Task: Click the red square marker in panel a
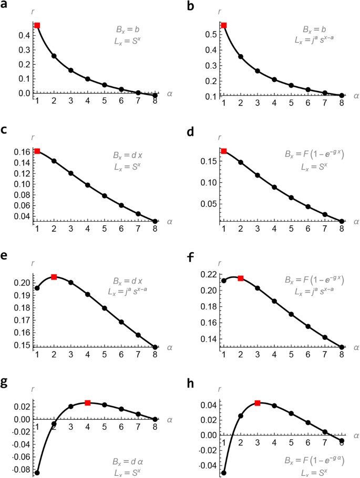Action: (x=37, y=25)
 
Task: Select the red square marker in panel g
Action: (x=88, y=403)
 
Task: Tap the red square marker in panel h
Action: (x=258, y=403)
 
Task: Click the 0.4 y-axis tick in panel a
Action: (x=25, y=36)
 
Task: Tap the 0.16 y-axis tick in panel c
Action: (x=22, y=152)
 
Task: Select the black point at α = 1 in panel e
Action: (x=37, y=288)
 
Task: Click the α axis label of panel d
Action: (x=356, y=222)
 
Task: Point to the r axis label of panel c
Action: (x=33, y=138)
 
